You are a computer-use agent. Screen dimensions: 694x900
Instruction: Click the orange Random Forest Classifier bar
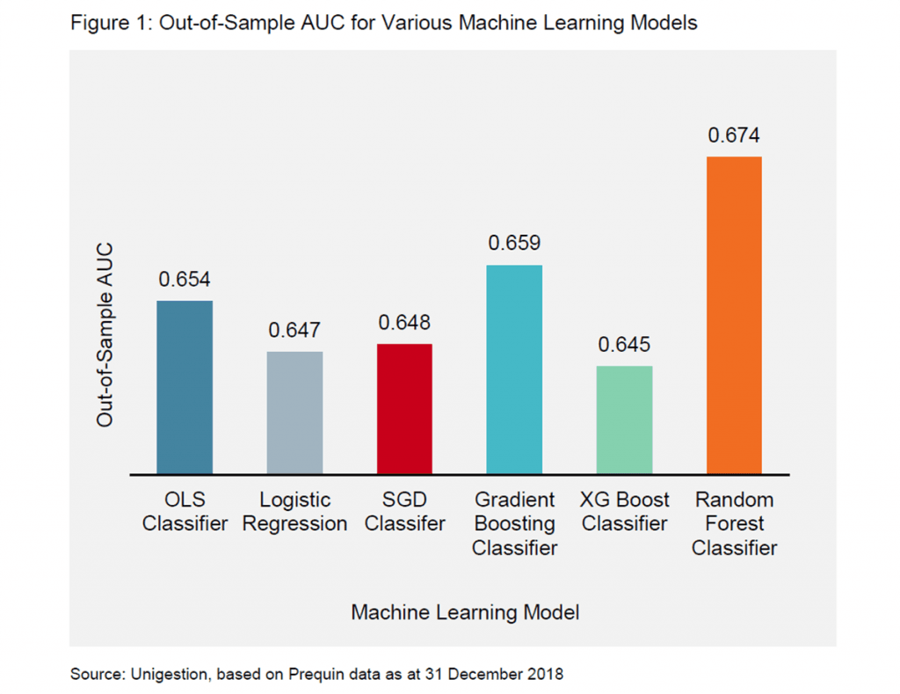click(734, 315)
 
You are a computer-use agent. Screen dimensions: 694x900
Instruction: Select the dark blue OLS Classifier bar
click(185, 387)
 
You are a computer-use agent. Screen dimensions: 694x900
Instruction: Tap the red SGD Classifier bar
click(404, 409)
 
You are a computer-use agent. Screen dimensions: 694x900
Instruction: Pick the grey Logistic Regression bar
click(294, 413)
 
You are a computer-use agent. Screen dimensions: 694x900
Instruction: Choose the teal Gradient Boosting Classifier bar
click(514, 369)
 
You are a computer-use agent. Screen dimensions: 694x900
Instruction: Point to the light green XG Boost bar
click(624, 420)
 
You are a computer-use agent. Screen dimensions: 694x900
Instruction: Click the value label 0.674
click(734, 135)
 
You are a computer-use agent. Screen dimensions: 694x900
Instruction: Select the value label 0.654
click(185, 280)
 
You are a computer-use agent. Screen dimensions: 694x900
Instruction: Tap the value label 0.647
click(294, 331)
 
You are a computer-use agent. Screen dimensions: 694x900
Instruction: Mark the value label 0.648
click(404, 323)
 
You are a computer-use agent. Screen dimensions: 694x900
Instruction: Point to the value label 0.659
click(514, 244)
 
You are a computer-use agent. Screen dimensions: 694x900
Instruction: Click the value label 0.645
click(624, 345)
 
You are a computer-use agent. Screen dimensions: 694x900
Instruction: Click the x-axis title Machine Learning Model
click(465, 612)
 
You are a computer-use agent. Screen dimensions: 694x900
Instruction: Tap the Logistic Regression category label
click(294, 512)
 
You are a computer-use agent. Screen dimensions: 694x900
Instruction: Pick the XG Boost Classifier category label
click(624, 512)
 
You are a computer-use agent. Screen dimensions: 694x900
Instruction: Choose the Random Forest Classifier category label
click(734, 523)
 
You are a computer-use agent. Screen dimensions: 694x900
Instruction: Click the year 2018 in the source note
click(543, 675)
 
